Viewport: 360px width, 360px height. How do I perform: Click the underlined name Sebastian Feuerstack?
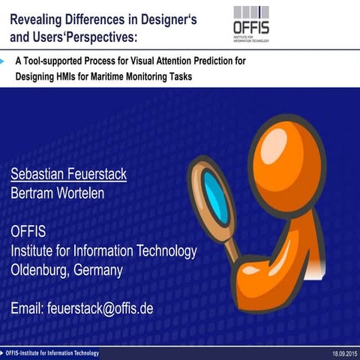(68, 174)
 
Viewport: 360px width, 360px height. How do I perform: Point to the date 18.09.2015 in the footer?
(343, 353)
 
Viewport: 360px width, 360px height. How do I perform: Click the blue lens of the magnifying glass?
(216, 192)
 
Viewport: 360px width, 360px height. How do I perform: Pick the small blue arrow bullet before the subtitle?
(4, 59)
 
